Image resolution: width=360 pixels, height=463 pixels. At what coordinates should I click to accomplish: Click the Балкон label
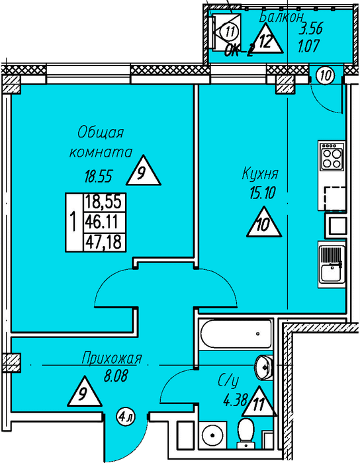[x=281, y=18]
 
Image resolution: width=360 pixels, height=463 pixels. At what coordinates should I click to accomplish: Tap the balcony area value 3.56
[x=311, y=29]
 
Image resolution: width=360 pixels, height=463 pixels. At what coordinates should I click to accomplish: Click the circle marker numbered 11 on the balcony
[x=230, y=31]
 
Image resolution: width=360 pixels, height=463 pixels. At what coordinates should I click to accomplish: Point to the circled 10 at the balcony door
[x=326, y=75]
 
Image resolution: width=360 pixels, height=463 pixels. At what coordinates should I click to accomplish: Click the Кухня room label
[x=260, y=174]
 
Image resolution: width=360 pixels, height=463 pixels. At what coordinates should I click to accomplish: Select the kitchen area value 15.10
[x=263, y=193]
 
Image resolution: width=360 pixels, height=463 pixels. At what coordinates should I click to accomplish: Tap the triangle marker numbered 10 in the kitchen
[x=264, y=222]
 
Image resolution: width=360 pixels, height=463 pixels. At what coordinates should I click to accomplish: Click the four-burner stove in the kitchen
[x=332, y=155]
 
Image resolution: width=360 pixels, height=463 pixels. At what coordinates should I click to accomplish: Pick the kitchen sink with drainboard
[x=332, y=265]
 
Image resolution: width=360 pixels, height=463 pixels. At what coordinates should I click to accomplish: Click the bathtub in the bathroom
[x=236, y=334]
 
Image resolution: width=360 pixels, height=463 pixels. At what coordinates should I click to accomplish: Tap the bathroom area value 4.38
[x=235, y=400]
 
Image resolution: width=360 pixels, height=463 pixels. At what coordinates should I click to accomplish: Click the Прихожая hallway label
[x=112, y=358]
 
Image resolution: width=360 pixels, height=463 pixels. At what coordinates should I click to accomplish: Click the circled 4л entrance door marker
[x=126, y=417]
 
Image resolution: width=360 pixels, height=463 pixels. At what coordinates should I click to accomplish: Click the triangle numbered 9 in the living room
[x=144, y=171]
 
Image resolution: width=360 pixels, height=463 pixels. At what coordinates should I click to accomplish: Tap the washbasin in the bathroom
[x=264, y=366]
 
